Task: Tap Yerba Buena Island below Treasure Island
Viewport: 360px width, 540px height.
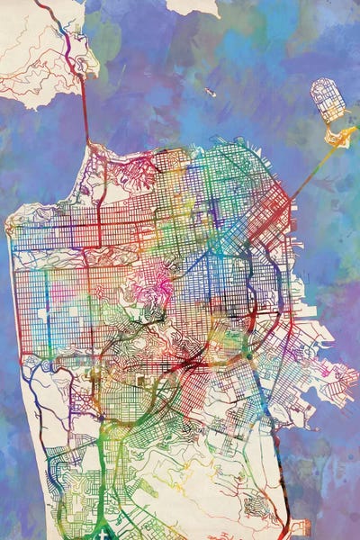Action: coord(341,136)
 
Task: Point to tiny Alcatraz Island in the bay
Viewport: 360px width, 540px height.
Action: coord(210,92)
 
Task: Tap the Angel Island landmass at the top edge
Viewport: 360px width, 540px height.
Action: coord(193,6)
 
